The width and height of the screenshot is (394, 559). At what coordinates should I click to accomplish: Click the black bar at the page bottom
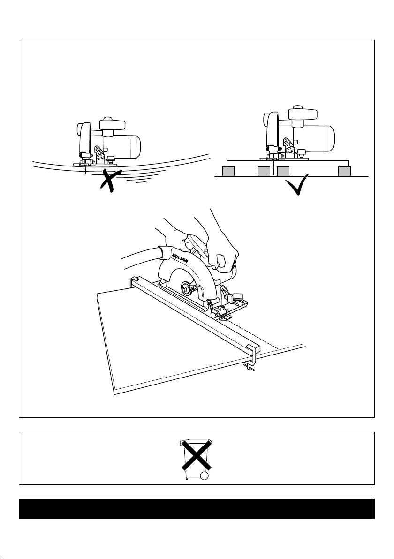(197, 508)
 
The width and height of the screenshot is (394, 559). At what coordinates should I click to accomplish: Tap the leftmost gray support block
(228, 172)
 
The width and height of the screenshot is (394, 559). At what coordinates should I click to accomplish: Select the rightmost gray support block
(345, 172)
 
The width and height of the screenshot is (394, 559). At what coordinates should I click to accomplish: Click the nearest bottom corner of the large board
(114, 393)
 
